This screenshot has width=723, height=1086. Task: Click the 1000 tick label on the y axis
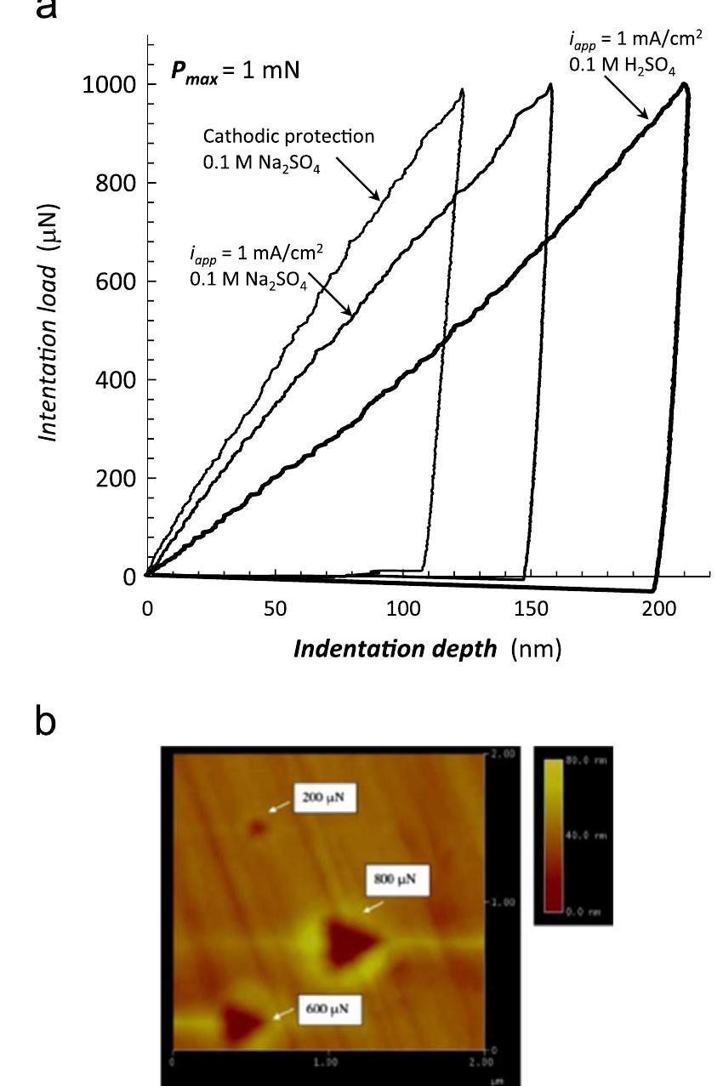coord(109,85)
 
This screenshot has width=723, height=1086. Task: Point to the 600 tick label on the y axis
coord(117,281)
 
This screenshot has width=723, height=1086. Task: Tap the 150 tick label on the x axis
coord(531,610)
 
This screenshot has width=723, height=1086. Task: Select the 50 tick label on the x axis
coord(275,610)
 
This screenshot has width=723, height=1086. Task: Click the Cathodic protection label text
coord(288,136)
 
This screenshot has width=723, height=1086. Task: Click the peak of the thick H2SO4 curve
coord(684,84)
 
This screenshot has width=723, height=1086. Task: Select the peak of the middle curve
coord(551,84)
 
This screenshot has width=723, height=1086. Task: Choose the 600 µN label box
coord(329,1009)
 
